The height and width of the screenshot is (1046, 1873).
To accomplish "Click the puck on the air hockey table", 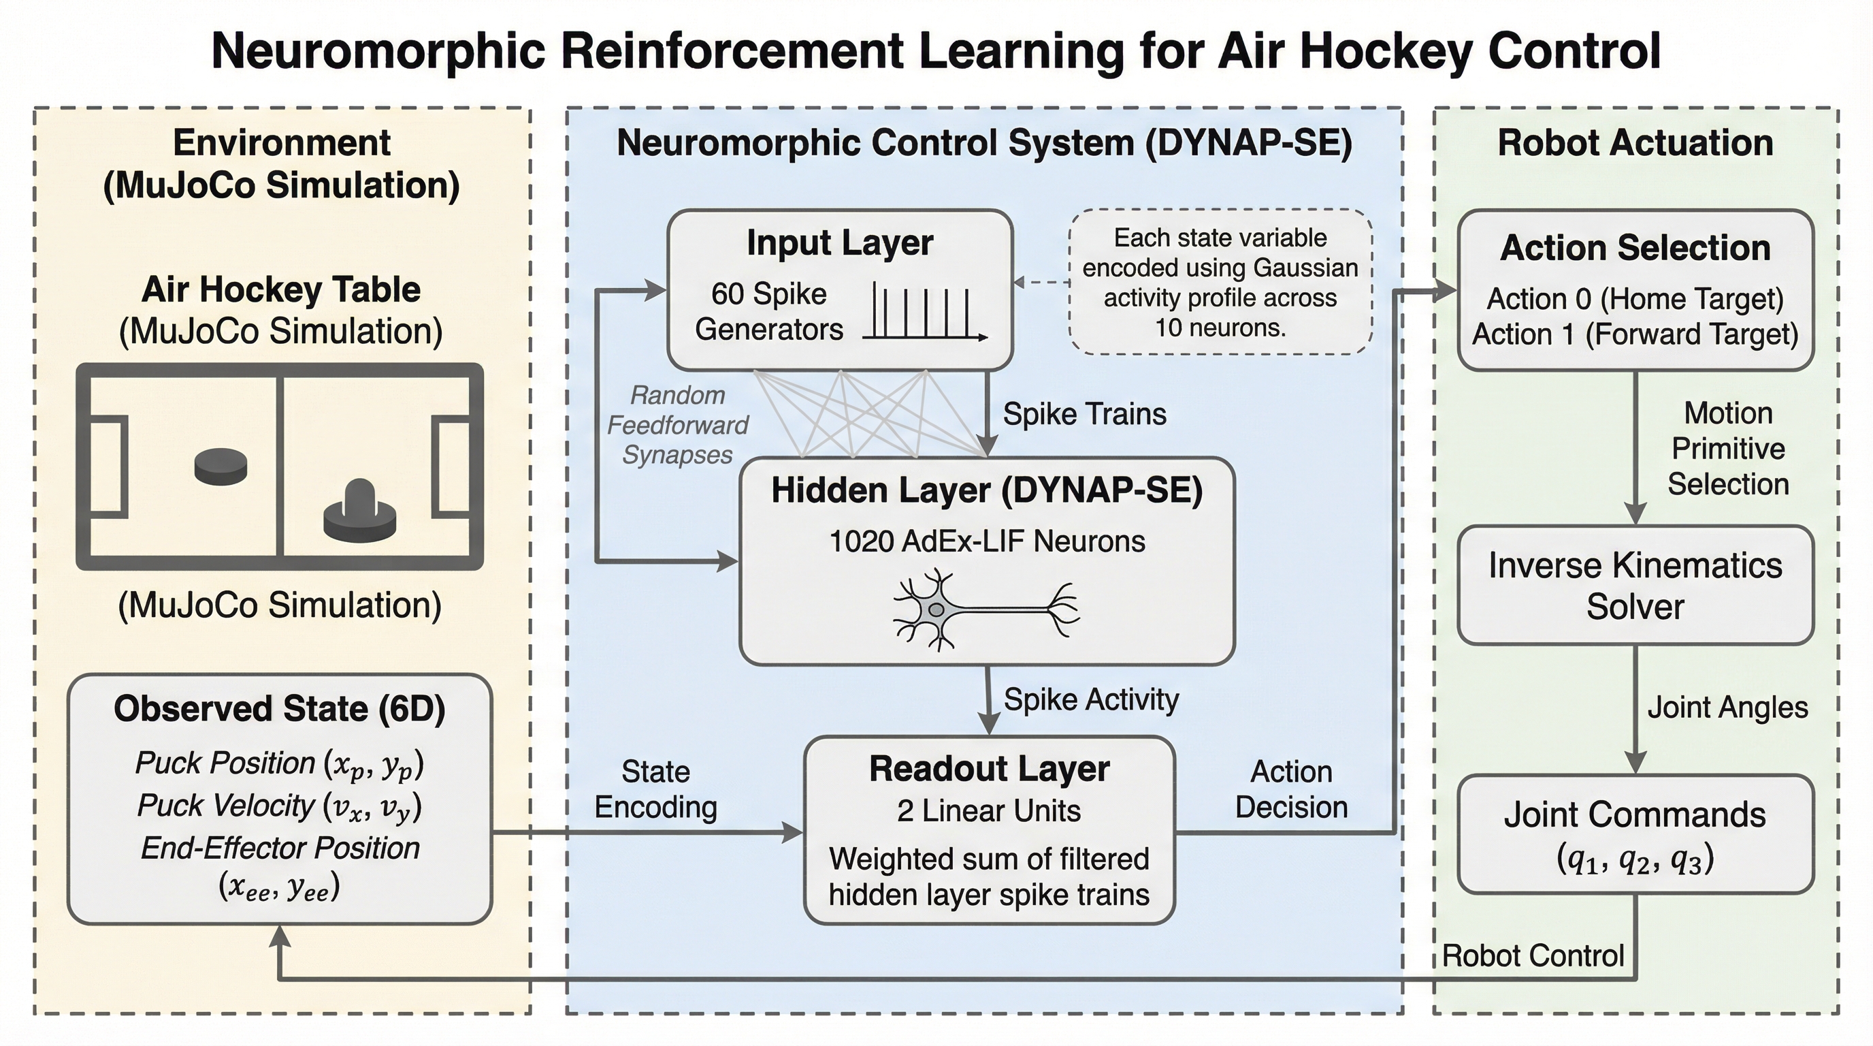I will pos(221,466).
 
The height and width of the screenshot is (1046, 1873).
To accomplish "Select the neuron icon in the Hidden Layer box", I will pos(986,609).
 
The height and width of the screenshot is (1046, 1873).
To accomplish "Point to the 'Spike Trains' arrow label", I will pos(1084,414).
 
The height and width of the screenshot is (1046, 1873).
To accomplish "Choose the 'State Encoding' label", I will pos(655,789).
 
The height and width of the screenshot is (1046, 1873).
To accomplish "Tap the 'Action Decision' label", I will pos(1291,789).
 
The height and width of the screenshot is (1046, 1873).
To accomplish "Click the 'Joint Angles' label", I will pos(1727,708).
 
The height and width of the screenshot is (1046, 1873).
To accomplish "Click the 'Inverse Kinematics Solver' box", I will pos(1635,586).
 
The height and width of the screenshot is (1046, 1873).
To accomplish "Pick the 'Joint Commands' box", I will pos(1635,834).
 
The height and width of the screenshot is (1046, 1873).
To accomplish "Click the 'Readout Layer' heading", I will pos(989,769).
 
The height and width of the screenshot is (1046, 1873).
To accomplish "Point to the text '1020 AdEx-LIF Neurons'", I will pos(987,541).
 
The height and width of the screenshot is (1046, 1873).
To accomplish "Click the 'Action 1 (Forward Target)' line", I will pos(1635,334).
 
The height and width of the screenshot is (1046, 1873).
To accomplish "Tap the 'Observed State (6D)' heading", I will pos(279,708).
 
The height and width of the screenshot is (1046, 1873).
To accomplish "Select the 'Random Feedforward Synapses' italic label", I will pos(677,425).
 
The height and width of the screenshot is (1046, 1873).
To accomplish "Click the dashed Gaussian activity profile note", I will pos(1220,282).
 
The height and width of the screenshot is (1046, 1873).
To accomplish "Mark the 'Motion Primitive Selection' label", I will pos(1727,449).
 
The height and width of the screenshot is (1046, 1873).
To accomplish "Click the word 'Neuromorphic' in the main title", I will pos(378,51).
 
